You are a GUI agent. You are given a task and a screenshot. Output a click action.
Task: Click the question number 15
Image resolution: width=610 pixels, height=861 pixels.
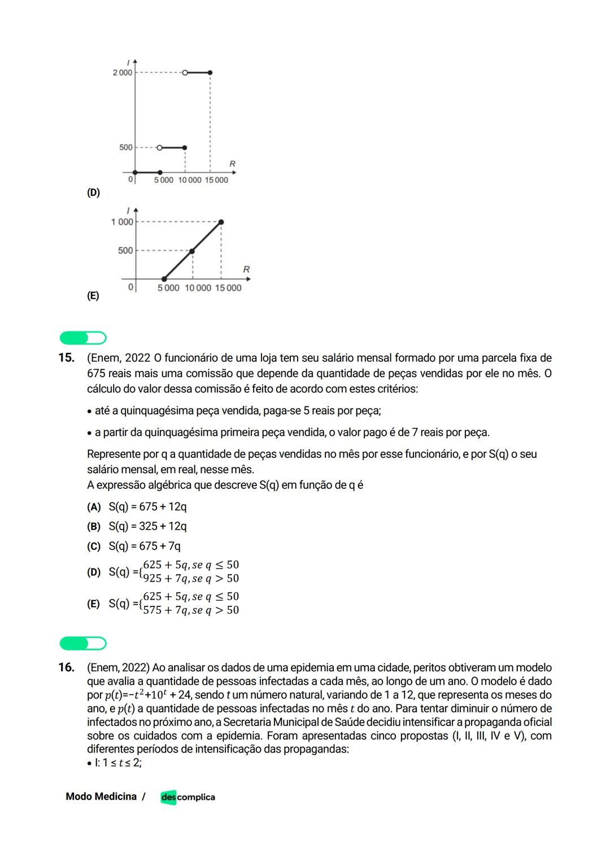(66, 358)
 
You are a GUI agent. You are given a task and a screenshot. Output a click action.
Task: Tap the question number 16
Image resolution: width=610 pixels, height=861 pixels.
(66, 667)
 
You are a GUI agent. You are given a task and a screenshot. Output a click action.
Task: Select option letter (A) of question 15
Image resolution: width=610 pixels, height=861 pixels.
(93, 507)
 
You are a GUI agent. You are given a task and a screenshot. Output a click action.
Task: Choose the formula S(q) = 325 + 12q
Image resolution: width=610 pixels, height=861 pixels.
(147, 526)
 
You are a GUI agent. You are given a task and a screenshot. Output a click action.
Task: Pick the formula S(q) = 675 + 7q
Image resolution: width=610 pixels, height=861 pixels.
(145, 546)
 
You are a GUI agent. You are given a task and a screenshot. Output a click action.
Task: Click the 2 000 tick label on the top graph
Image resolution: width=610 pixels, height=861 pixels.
(122, 73)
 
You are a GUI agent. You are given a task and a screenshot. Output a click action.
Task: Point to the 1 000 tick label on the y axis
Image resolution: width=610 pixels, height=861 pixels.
(122, 222)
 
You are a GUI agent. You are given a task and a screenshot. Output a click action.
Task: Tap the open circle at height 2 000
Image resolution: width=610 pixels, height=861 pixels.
(185, 73)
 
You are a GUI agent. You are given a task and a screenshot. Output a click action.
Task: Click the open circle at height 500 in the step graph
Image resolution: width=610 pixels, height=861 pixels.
(159, 147)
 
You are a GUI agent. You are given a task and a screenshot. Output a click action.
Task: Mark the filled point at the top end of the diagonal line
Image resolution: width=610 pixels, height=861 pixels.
(221, 222)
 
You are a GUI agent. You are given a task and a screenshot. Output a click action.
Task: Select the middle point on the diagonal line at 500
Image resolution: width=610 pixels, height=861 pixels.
(193, 251)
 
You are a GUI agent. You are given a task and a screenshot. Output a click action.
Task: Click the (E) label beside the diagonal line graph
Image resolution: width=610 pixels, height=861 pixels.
(93, 296)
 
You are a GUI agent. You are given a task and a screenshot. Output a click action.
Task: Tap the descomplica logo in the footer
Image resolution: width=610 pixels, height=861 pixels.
(188, 797)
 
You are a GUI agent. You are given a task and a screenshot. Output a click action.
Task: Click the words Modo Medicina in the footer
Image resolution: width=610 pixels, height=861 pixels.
(101, 797)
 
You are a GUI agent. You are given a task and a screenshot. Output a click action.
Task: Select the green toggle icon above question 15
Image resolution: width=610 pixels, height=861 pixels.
(83, 338)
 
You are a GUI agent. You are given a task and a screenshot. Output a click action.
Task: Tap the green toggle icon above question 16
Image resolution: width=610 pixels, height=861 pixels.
(83, 643)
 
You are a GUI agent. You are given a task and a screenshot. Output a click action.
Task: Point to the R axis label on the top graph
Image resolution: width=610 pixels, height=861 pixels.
(232, 164)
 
